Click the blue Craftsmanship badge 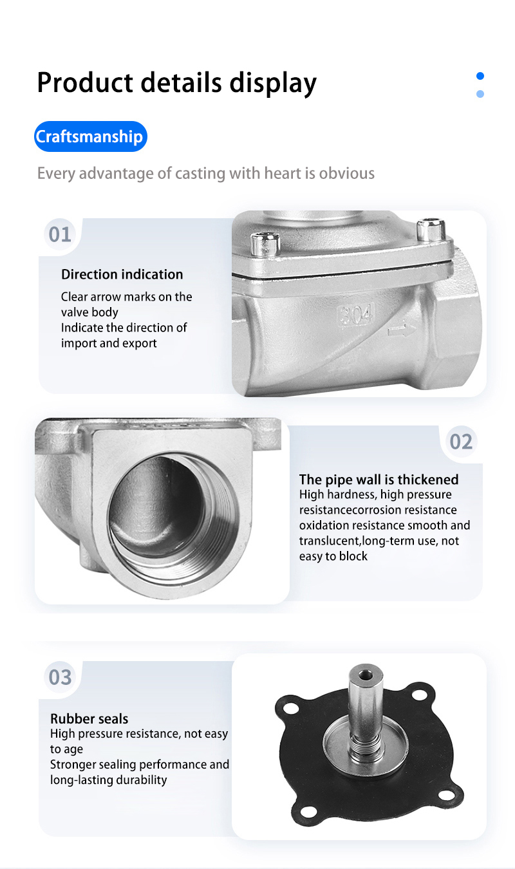90,136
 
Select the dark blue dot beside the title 480,76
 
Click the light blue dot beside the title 480,94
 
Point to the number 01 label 60,234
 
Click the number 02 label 461,442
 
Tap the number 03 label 60,677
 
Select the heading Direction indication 122,274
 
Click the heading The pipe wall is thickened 379,480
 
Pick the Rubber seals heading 89,719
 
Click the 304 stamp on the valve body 356,314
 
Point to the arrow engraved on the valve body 402,330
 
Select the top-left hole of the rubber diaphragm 291,709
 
